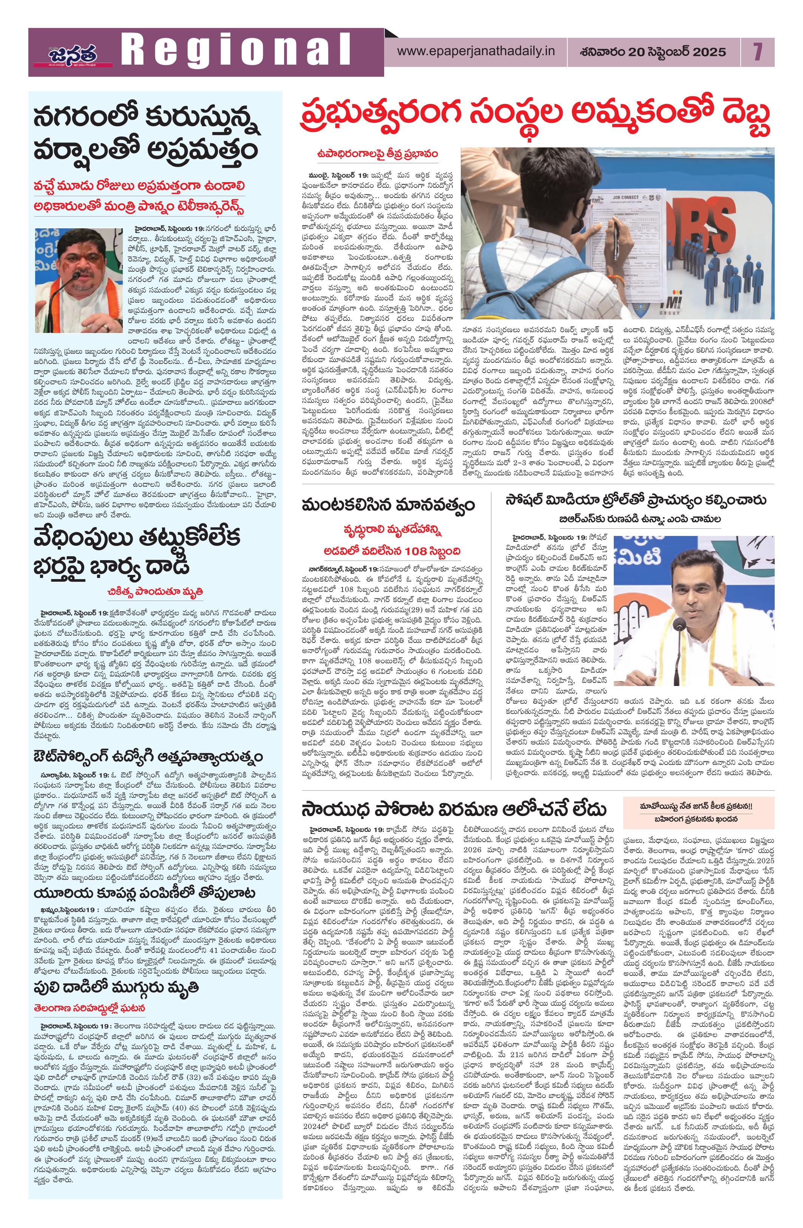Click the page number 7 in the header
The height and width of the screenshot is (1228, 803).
(x=757, y=52)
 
